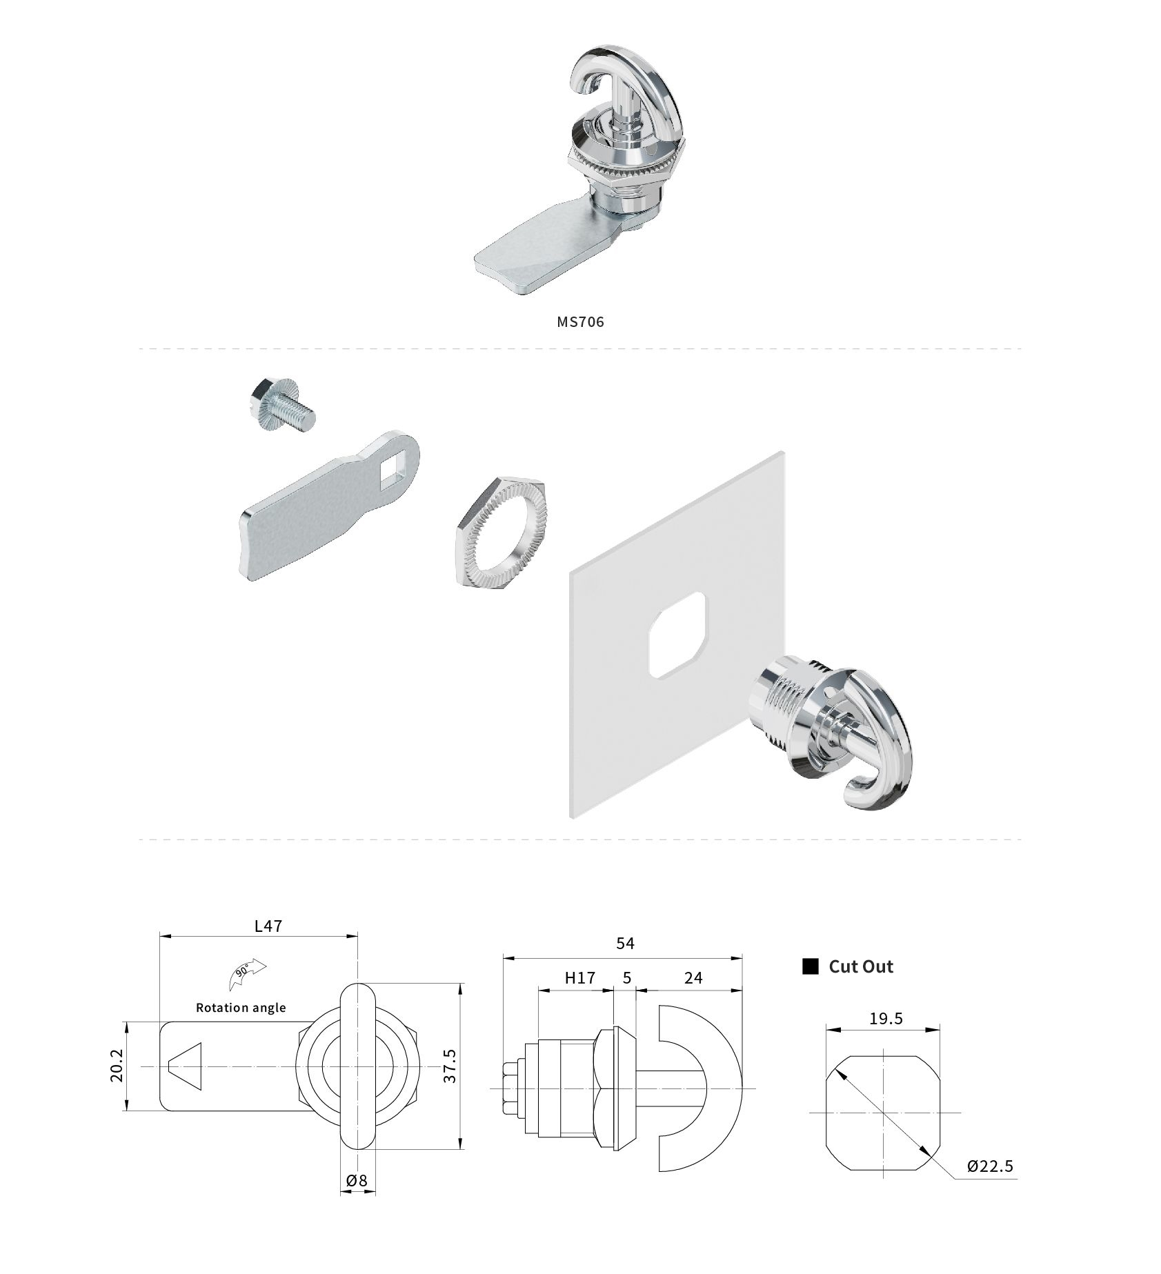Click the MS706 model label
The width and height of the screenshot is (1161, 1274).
(x=580, y=321)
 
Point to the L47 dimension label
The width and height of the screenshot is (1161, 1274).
(x=268, y=926)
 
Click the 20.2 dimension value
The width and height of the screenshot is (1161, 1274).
(x=117, y=1066)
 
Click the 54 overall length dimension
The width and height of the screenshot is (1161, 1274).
(x=624, y=943)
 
